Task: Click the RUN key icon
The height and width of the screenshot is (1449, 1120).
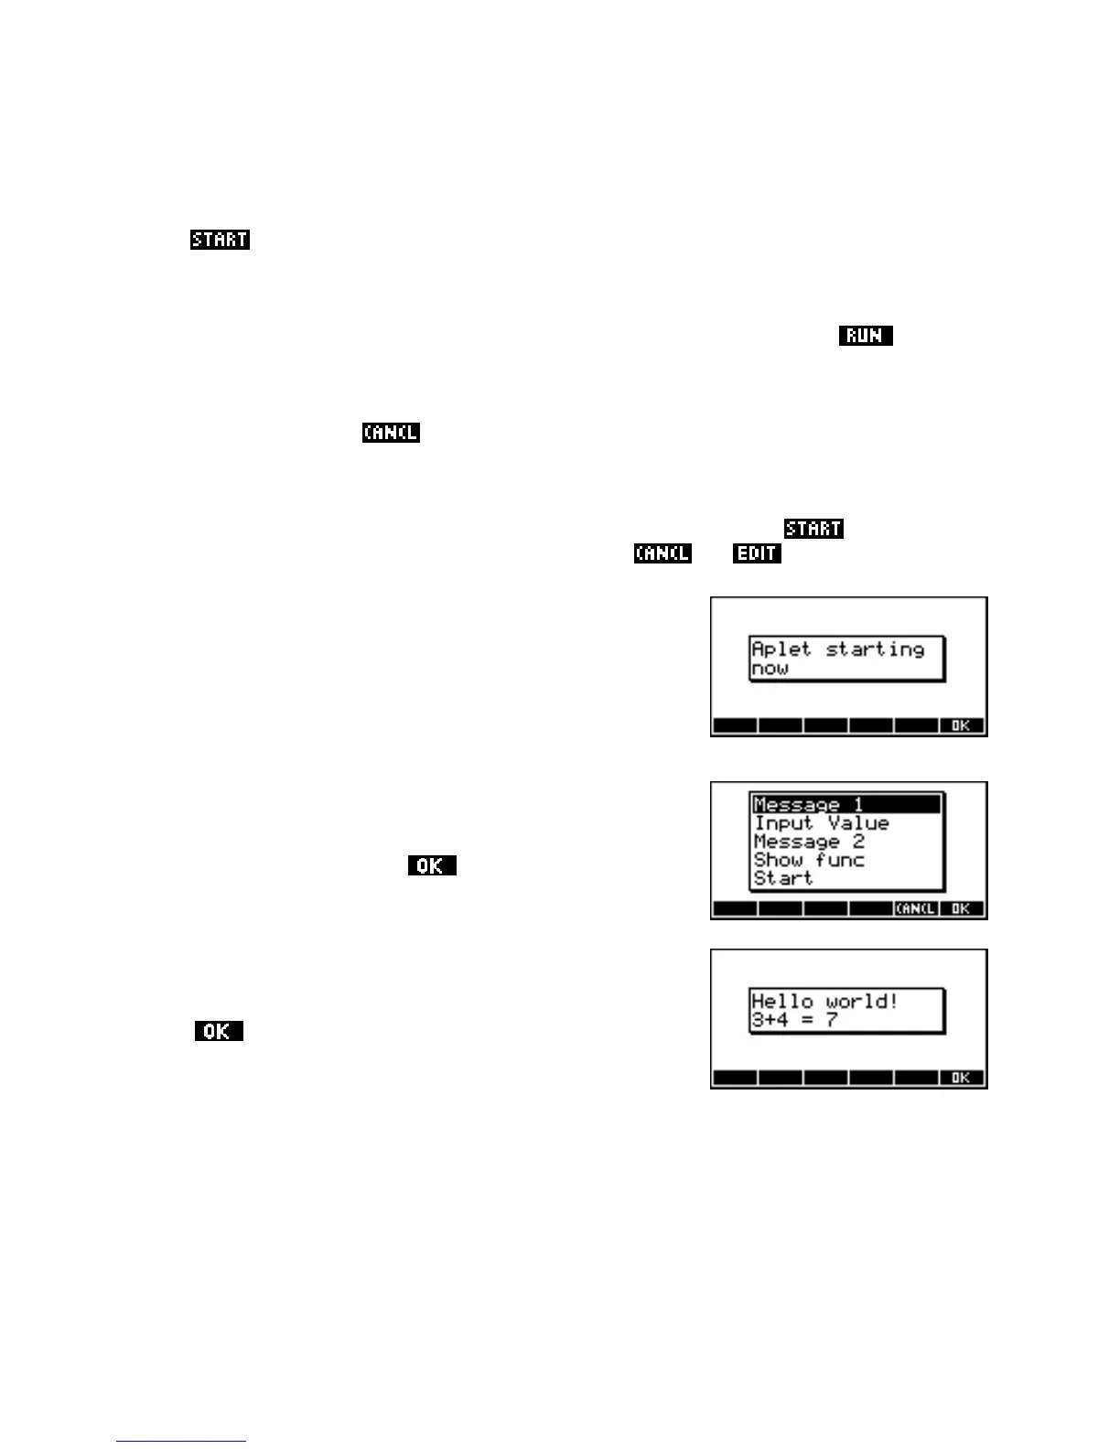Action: click(865, 336)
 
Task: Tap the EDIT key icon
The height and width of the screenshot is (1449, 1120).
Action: click(756, 553)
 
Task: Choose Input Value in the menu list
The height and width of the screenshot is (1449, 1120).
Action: click(821, 823)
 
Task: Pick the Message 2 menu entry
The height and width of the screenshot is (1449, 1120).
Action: click(808, 842)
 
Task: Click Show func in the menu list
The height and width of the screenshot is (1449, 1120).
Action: click(808, 860)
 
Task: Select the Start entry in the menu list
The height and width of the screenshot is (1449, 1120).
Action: click(782, 878)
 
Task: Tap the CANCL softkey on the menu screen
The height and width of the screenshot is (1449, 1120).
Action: click(915, 908)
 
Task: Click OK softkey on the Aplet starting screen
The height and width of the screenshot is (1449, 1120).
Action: click(960, 725)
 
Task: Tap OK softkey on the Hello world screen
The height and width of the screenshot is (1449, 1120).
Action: click(960, 1078)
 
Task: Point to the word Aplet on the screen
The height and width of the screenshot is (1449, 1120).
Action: click(781, 649)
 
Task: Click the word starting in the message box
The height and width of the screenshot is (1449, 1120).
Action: click(875, 649)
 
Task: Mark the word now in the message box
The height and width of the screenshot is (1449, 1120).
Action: click(770, 669)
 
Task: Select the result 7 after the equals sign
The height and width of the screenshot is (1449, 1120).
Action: click(832, 1019)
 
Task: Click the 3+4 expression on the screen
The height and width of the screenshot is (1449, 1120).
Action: click(770, 1019)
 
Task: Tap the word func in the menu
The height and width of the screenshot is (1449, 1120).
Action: click(839, 860)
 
